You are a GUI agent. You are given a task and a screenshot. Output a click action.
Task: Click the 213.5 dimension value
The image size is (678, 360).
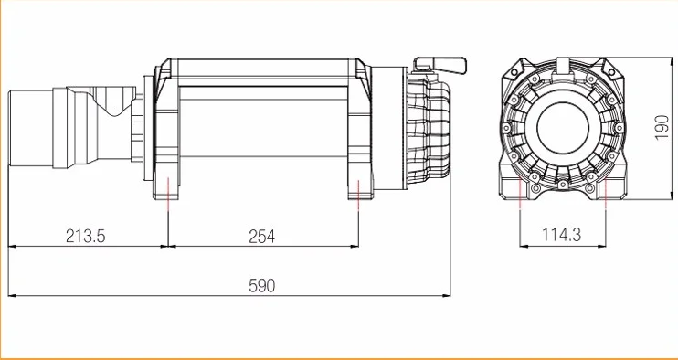86,237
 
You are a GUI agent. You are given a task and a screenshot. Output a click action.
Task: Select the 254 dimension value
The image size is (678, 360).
262,237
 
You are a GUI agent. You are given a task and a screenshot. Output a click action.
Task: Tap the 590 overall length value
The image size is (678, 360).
262,286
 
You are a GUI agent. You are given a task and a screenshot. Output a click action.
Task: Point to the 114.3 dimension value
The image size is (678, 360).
562,235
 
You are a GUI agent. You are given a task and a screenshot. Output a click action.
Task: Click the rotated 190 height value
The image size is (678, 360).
662,128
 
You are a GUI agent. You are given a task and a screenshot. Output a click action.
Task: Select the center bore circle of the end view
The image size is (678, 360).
563,128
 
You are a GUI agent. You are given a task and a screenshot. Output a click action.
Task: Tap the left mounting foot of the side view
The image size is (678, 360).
166,187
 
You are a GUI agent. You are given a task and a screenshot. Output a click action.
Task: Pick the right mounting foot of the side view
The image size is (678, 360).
360,187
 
